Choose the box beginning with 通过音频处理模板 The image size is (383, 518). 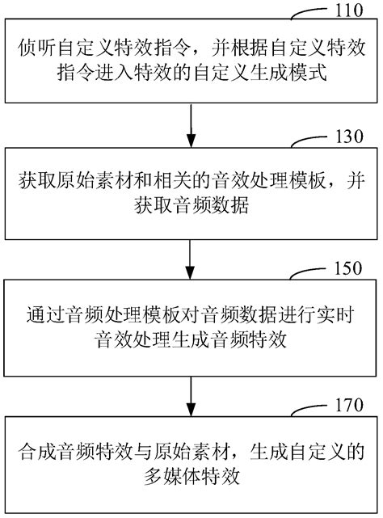191,323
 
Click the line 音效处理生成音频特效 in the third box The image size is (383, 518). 191,336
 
